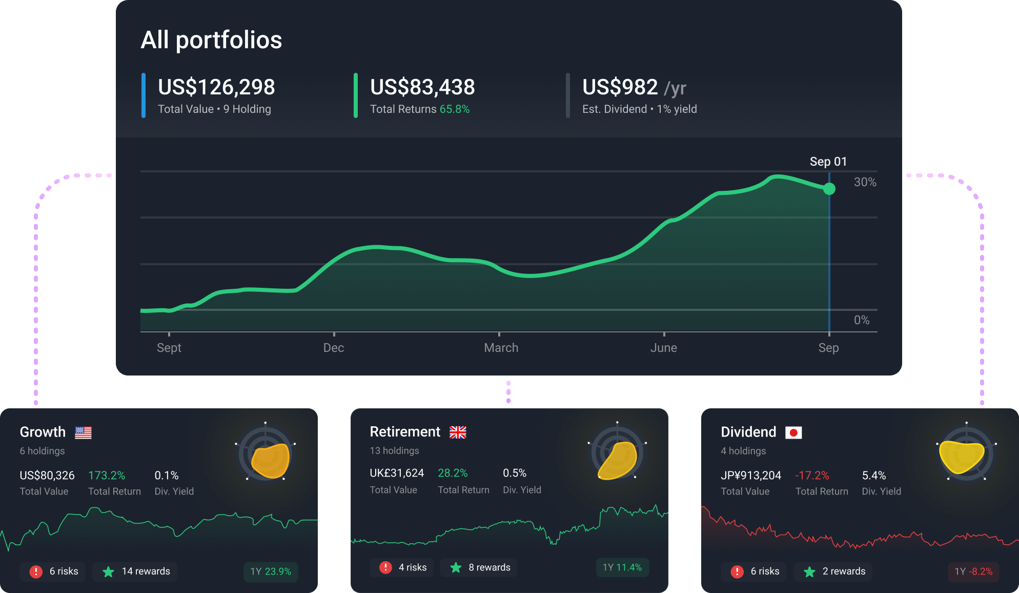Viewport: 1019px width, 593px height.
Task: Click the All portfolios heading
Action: point(211,40)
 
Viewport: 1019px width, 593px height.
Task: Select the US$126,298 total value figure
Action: point(216,87)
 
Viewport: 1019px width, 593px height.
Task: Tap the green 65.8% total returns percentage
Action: point(454,109)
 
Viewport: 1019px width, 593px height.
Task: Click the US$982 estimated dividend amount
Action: point(620,87)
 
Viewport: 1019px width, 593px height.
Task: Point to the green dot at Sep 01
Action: point(829,189)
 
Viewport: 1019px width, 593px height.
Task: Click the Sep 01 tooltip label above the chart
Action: point(828,162)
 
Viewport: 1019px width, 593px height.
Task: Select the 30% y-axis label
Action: point(865,182)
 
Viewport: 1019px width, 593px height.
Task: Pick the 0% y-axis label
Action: point(861,320)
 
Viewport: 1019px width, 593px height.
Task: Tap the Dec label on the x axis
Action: point(334,348)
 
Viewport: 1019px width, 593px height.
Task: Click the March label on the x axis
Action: point(501,348)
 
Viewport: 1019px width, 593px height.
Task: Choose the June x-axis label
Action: point(663,348)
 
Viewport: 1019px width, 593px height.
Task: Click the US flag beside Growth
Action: point(83,432)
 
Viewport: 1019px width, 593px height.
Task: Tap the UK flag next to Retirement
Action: point(458,432)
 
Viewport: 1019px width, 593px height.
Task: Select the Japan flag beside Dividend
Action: point(793,432)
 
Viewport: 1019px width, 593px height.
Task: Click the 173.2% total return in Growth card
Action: point(107,476)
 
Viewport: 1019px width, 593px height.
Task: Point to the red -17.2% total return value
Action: point(812,476)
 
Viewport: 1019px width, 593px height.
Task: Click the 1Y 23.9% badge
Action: point(271,571)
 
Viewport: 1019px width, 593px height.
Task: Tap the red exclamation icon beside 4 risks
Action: point(385,567)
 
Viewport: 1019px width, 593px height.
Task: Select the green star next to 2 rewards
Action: point(809,571)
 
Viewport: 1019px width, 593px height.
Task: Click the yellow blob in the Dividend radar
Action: point(961,456)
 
